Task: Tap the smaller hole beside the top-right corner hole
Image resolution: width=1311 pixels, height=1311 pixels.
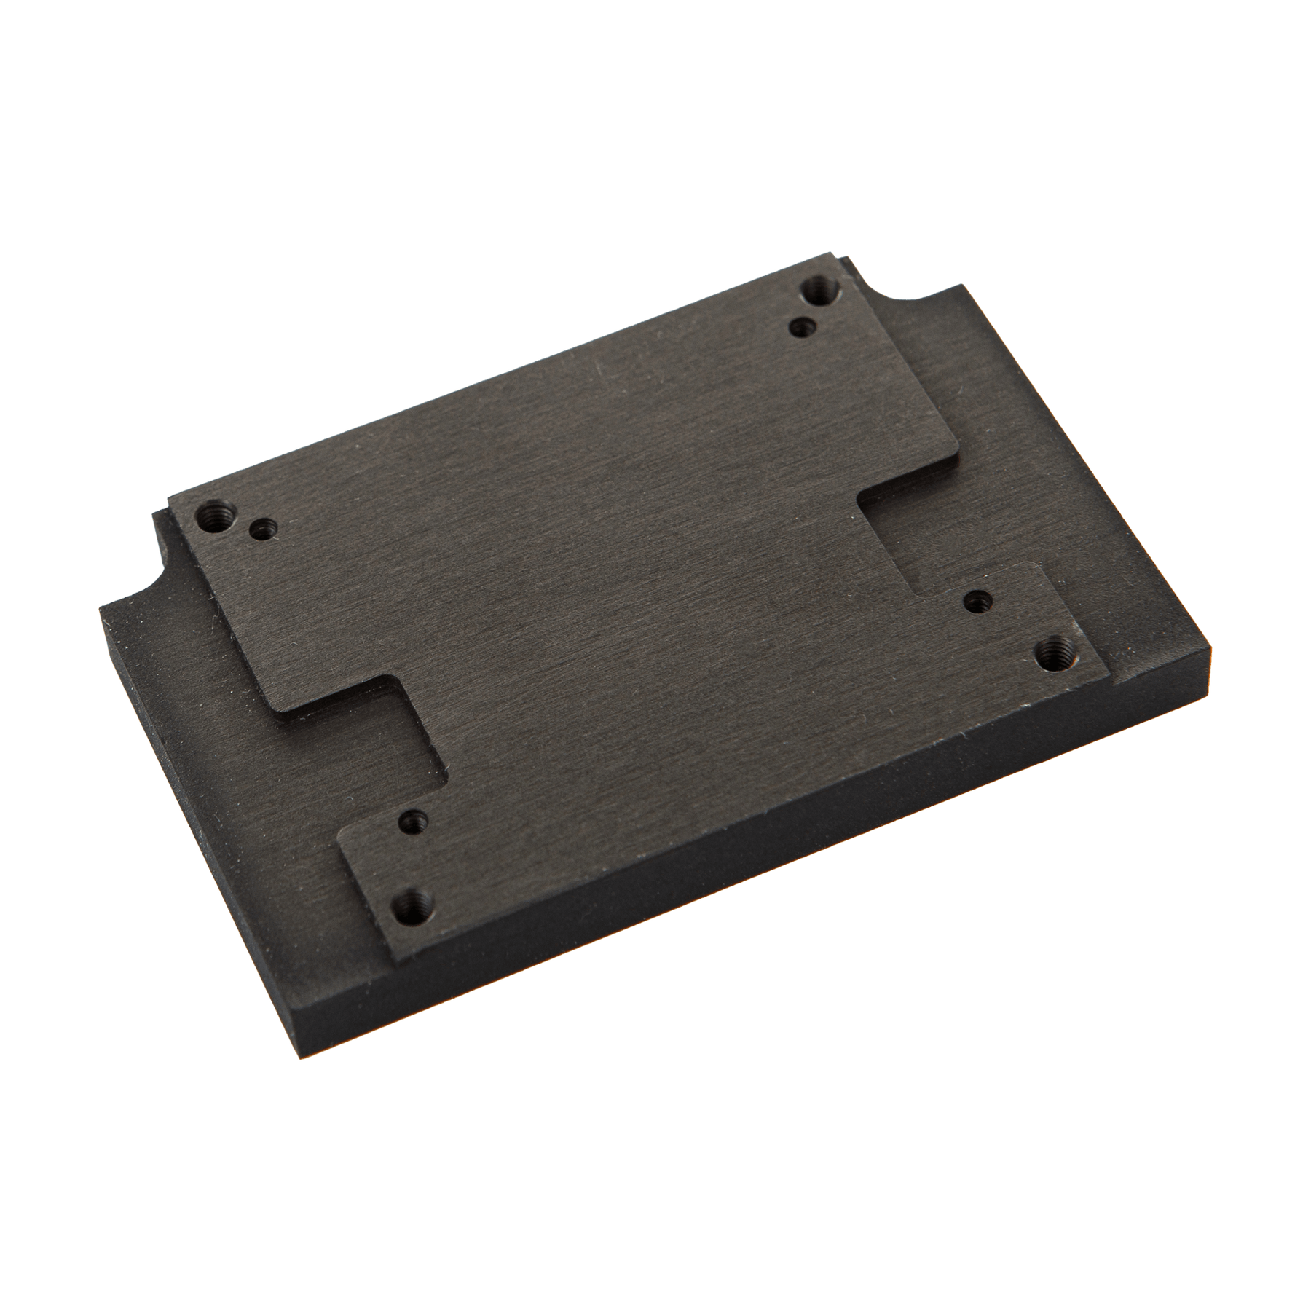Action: coord(802,327)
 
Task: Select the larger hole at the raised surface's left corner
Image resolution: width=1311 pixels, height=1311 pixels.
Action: coord(213,517)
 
